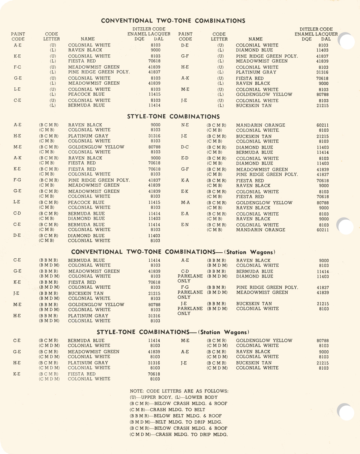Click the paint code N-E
point(185,125)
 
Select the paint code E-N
point(185,225)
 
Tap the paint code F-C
point(17,67)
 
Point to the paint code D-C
point(185,147)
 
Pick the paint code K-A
point(185,181)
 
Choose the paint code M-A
point(185,203)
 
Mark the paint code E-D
point(185,158)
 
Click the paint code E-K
point(185,192)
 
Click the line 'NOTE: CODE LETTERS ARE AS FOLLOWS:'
point(179,391)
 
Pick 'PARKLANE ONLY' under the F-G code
point(190,295)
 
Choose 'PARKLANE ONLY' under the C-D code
point(190,279)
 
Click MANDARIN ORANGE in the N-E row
point(260,125)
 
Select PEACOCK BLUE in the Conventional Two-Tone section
point(86,94)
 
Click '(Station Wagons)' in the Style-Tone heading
point(223,333)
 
